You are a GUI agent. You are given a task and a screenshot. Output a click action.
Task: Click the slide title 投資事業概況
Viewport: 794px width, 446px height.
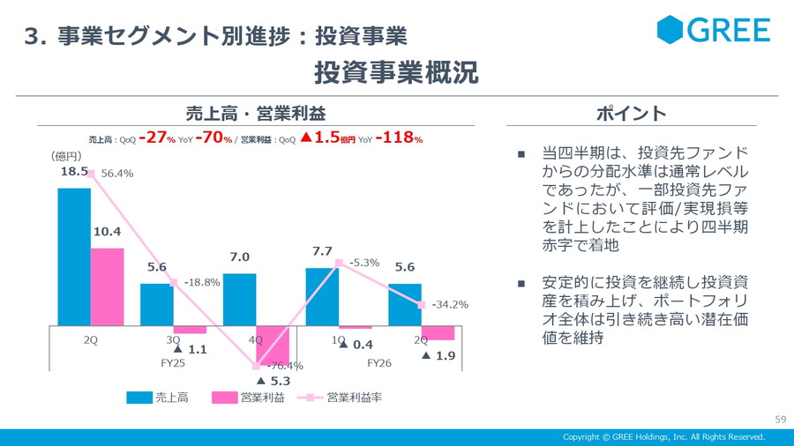[x=396, y=72]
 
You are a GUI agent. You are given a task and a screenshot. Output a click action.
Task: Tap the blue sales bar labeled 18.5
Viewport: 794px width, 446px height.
[x=74, y=256]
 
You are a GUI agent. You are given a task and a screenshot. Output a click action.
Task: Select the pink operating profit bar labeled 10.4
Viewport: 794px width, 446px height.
[x=108, y=286]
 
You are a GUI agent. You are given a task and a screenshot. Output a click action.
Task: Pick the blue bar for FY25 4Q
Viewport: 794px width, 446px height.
[x=239, y=299]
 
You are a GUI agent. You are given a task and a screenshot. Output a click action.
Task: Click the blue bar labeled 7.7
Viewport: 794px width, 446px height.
[x=322, y=296]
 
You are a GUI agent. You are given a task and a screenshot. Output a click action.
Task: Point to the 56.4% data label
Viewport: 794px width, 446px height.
[x=117, y=174]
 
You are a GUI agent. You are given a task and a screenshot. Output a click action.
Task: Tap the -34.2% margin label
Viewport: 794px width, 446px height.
[x=450, y=305]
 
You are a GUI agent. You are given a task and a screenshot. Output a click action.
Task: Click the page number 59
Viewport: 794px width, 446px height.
[x=779, y=419]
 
